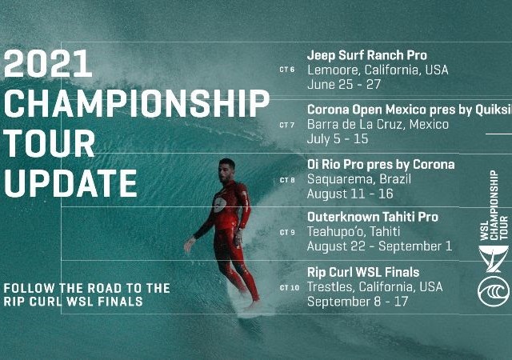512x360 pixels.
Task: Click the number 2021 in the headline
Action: [48, 63]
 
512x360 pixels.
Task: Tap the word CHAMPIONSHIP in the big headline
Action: [137, 103]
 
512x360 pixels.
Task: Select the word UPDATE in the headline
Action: [70, 183]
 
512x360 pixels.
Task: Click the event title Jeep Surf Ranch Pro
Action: [366, 55]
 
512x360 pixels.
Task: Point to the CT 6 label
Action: [287, 70]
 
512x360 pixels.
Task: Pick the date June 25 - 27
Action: [344, 85]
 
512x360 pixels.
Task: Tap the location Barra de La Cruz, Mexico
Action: [378, 125]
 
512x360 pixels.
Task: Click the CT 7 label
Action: [287, 125]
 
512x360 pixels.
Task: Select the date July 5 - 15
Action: [338, 139]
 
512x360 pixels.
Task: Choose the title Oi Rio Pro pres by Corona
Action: [381, 164]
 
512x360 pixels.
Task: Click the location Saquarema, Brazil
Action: [359, 179]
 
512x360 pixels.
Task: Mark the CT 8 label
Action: [287, 180]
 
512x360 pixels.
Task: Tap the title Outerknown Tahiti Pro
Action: [373, 217]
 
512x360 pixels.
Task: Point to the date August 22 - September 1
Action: [379, 246]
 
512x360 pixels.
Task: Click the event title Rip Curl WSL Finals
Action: [363, 273]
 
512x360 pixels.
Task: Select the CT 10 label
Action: [290, 288]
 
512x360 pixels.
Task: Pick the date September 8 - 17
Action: [358, 302]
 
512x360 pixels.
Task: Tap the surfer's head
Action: [226, 170]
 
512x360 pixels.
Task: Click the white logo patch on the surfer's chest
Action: [220, 205]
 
